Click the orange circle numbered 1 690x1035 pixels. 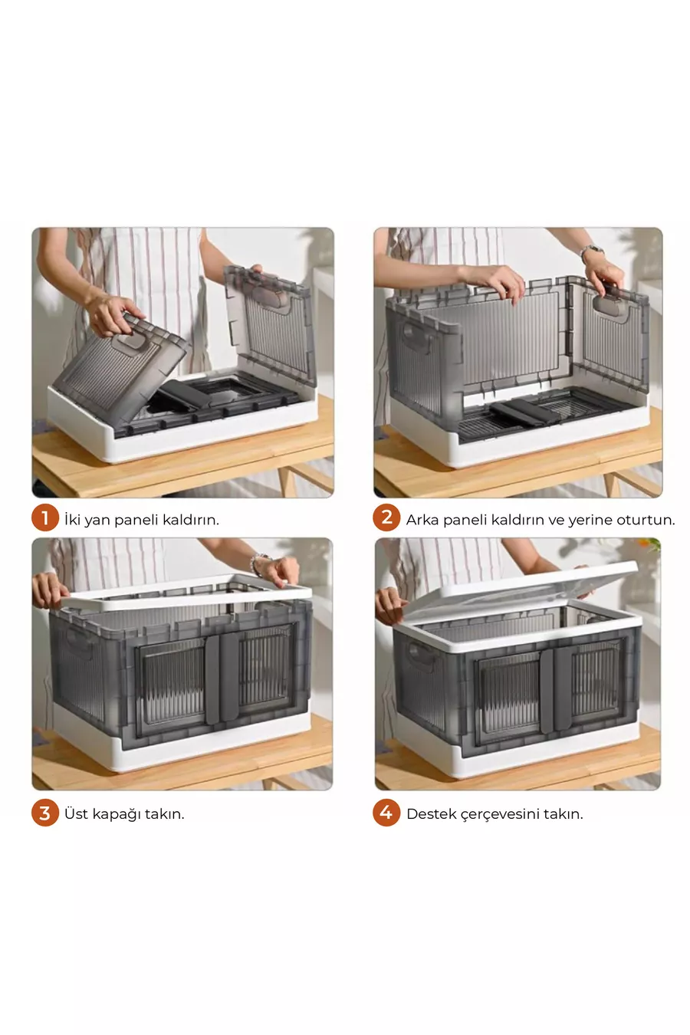pos(44,517)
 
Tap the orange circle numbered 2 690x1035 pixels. pos(386,517)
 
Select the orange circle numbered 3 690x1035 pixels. pos(44,813)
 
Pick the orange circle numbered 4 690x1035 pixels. pos(386,813)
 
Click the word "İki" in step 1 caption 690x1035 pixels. pos(72,519)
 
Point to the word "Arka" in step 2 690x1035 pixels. pos(422,520)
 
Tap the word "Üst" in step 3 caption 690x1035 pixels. pos(76,813)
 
